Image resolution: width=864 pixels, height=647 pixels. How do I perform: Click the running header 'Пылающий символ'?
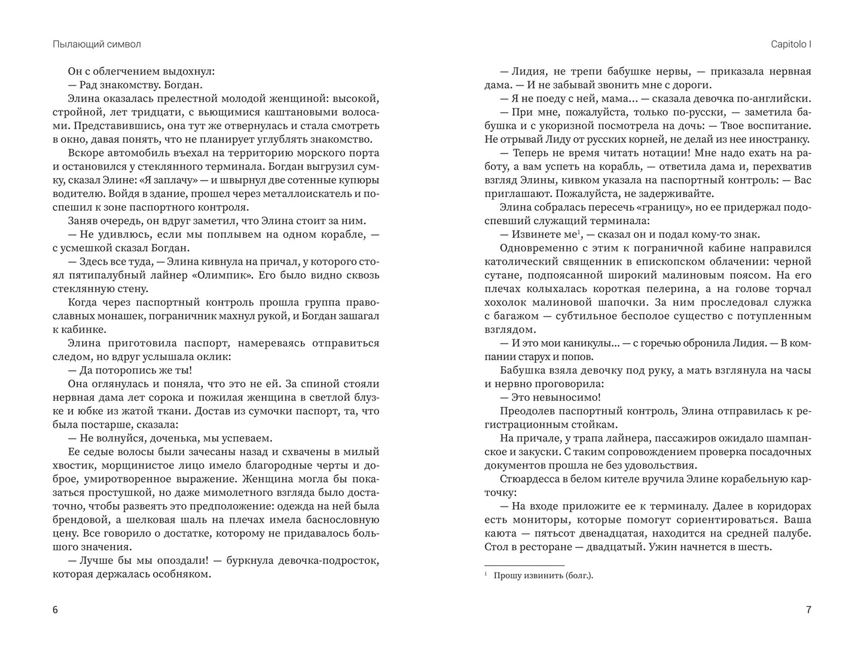(x=96, y=44)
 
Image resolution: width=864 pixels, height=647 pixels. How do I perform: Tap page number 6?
(x=55, y=610)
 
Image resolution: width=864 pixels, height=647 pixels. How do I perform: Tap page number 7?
(x=808, y=610)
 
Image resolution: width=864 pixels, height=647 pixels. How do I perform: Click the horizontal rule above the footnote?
(x=524, y=565)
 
